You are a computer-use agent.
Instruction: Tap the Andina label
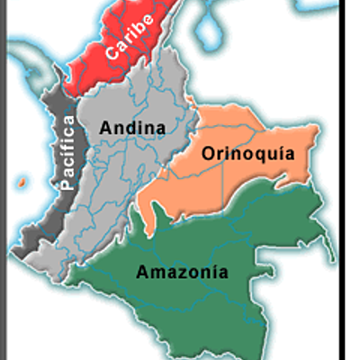click(x=135, y=128)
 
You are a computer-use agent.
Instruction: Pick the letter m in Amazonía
click(x=154, y=271)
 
